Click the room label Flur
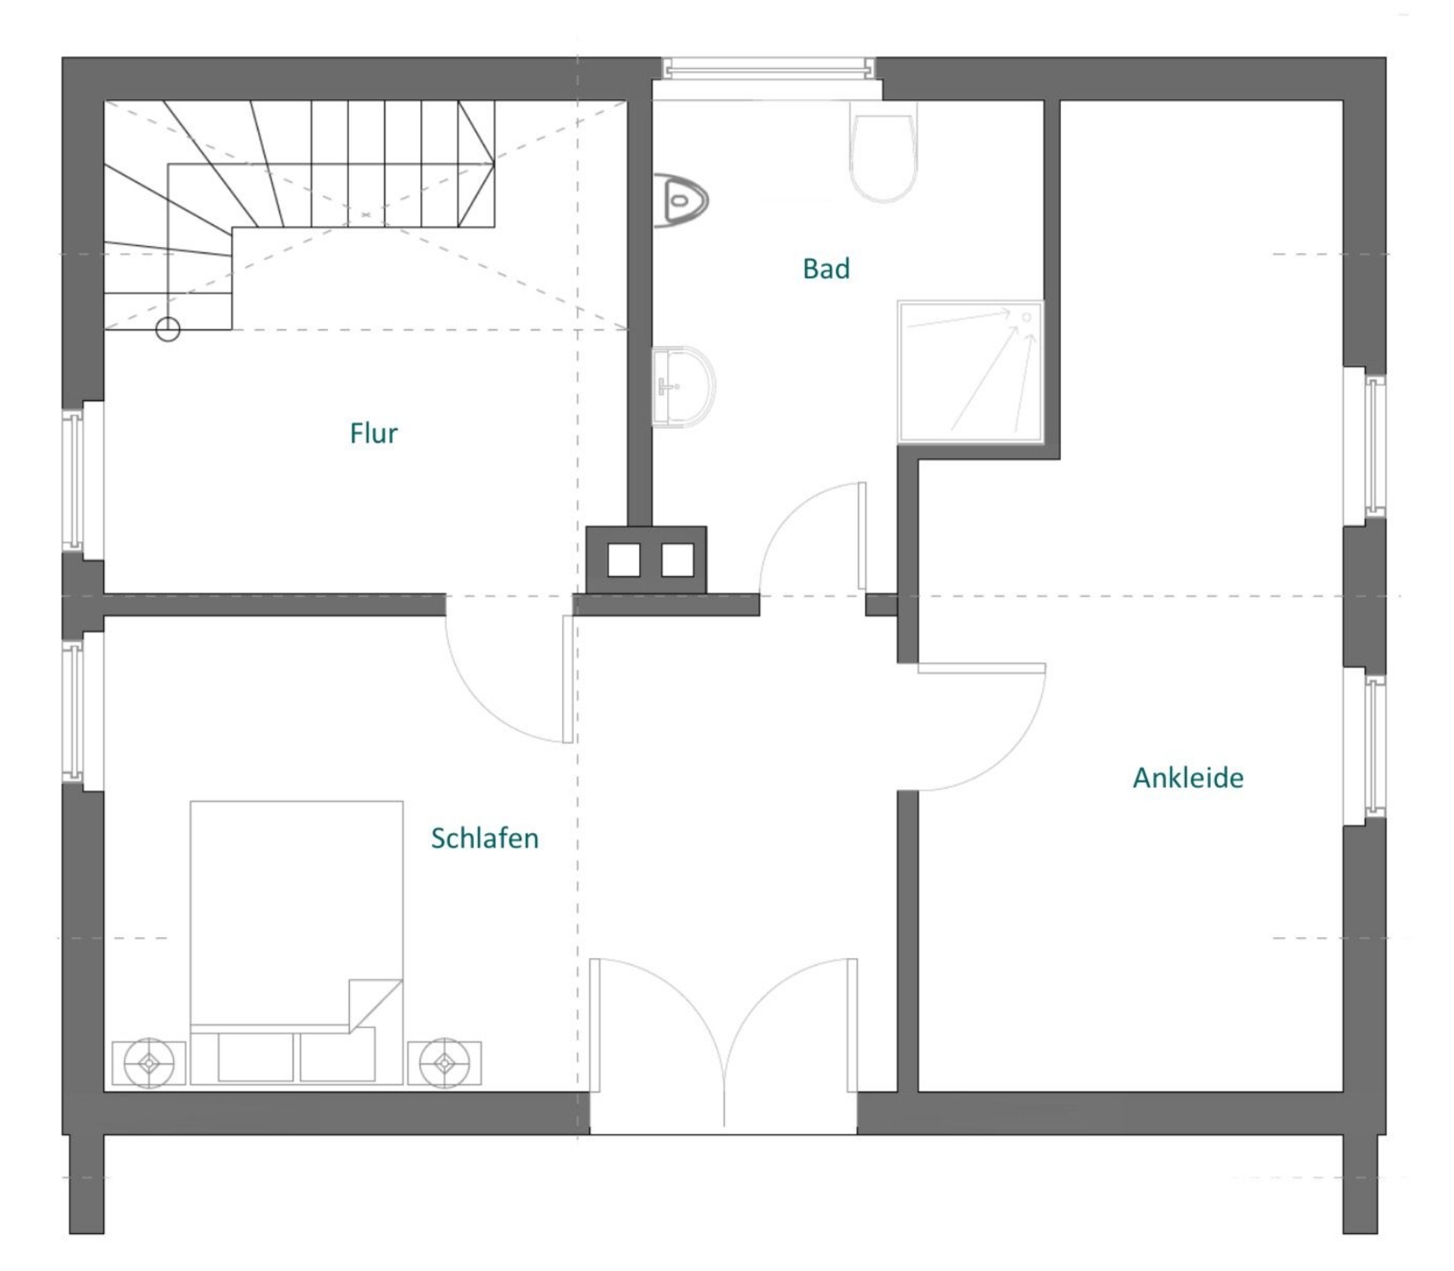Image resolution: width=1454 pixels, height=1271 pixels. [x=373, y=433]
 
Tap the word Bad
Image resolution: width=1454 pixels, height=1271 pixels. [x=826, y=269]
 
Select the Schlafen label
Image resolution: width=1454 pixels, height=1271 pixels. [x=485, y=838]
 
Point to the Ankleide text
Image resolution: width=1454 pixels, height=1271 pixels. [x=1188, y=778]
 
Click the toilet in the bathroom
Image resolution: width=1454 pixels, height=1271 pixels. [x=884, y=151]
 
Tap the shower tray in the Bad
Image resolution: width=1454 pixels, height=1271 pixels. [x=971, y=372]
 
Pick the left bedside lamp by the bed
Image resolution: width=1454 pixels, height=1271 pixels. [x=149, y=1063]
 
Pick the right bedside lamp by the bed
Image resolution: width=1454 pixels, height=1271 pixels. [x=445, y=1063]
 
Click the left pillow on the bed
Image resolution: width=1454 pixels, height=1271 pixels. [x=255, y=1057]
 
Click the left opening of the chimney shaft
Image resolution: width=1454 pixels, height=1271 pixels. [x=624, y=560]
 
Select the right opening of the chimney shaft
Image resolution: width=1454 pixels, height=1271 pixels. [x=678, y=560]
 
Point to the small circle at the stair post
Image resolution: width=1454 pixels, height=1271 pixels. [x=168, y=329]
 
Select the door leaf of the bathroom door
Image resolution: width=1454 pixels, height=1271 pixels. [x=862, y=536]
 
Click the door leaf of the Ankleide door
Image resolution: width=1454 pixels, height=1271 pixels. [x=982, y=668]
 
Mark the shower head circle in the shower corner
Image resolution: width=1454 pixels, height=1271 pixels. [x=1028, y=317]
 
